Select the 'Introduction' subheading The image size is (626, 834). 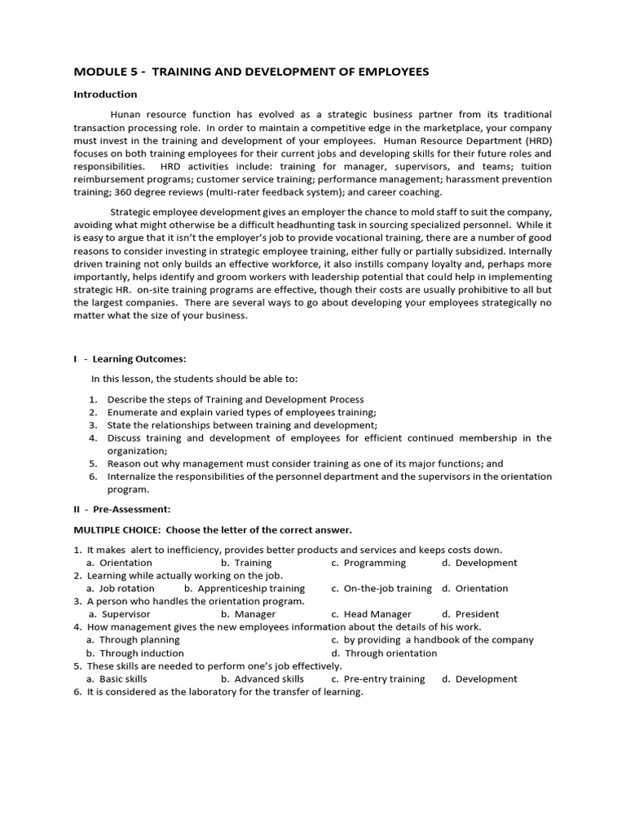tap(105, 94)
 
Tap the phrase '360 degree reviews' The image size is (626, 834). tap(156, 192)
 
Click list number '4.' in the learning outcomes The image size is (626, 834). tap(93, 438)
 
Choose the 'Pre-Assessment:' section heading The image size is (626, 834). tap(131, 509)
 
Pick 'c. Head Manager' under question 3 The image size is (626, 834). tap(371, 614)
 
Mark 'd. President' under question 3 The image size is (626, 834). tap(470, 614)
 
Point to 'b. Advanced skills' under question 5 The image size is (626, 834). tap(262, 678)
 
